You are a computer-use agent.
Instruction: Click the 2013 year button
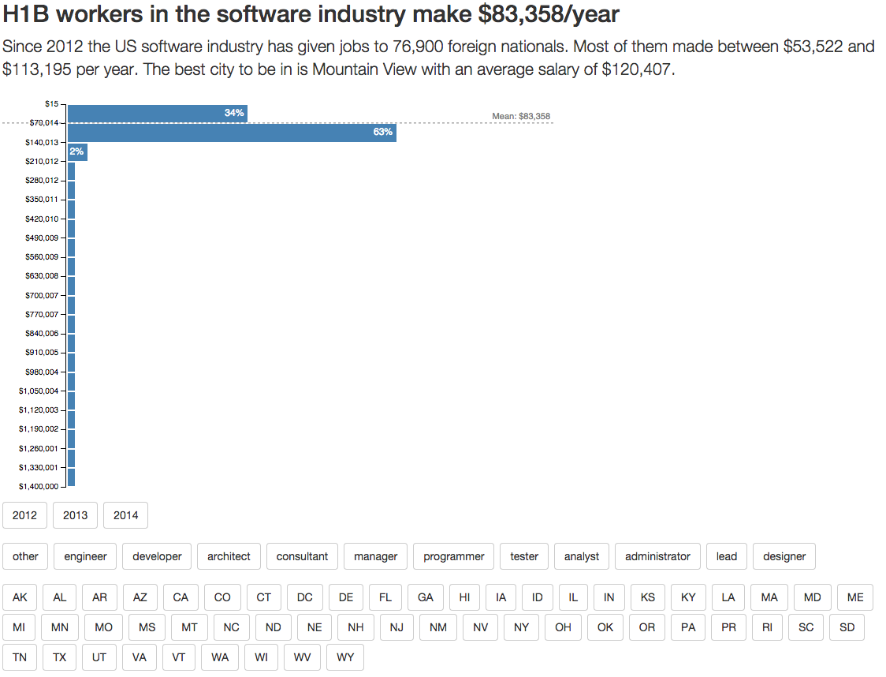click(76, 515)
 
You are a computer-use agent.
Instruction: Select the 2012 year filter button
click(25, 515)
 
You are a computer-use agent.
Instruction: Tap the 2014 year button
click(125, 515)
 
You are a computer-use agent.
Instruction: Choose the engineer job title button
click(85, 556)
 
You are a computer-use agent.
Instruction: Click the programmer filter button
click(453, 556)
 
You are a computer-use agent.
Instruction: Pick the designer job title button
click(784, 556)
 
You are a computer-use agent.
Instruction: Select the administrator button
click(657, 556)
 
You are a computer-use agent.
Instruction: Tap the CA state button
click(181, 597)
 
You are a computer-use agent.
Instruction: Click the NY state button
click(521, 627)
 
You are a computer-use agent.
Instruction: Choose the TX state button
click(59, 656)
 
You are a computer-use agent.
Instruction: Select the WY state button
click(345, 656)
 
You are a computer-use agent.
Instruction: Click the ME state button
click(855, 597)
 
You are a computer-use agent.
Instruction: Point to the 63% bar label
click(383, 132)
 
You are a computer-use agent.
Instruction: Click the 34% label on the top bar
click(234, 113)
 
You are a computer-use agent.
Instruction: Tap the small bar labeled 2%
click(76, 151)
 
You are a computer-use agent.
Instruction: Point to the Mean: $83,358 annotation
click(520, 116)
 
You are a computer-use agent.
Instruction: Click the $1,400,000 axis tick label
click(39, 486)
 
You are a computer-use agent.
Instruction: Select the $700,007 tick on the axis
click(42, 295)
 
